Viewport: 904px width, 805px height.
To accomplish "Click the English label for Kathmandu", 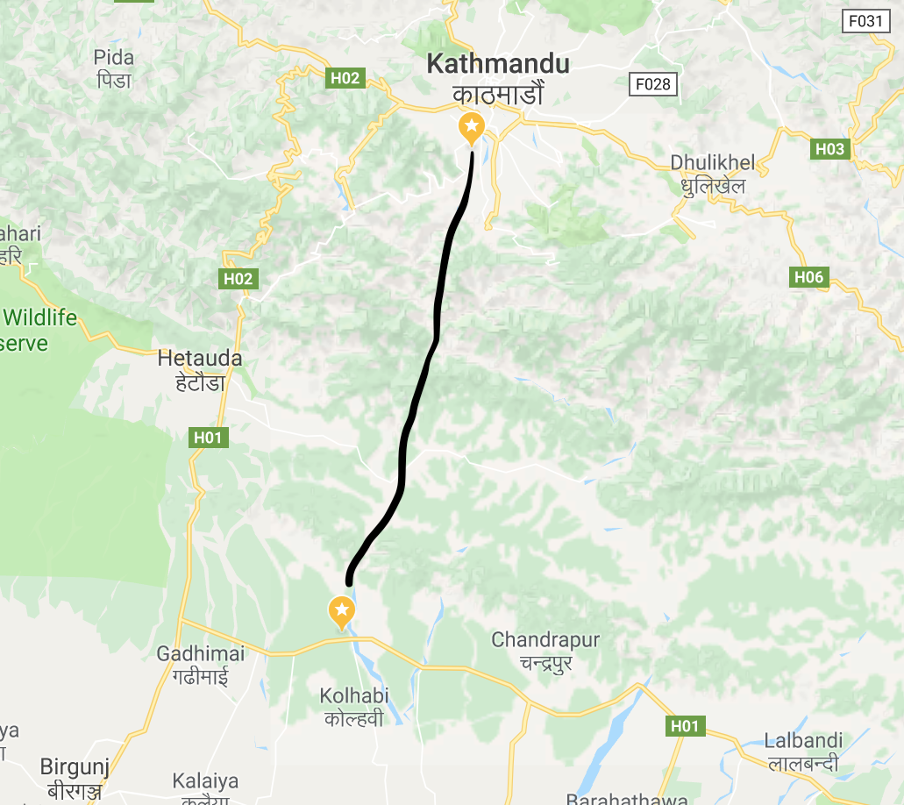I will pyautogui.click(x=497, y=64).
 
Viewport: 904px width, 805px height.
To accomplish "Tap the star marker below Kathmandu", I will pyautogui.click(x=472, y=128).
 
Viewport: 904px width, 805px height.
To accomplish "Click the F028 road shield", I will pyautogui.click(x=653, y=84).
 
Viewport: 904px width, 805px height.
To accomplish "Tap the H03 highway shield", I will pyautogui.click(x=829, y=149).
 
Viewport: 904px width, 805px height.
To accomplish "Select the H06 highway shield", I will pyautogui.click(x=808, y=278).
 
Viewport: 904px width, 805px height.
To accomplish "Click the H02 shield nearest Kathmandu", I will pyautogui.click(x=345, y=78).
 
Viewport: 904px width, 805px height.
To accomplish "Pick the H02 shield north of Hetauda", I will pyautogui.click(x=238, y=280).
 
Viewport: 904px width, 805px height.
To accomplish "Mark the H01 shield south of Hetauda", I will pyautogui.click(x=209, y=438).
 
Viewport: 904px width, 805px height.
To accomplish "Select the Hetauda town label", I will pyautogui.click(x=199, y=359).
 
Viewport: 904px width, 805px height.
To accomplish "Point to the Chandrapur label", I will pyautogui.click(x=545, y=640).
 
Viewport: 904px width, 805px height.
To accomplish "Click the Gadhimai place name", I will pyautogui.click(x=200, y=654).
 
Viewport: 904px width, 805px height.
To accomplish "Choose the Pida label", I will pyautogui.click(x=114, y=58).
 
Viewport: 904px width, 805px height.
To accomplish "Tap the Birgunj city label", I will pyautogui.click(x=75, y=767).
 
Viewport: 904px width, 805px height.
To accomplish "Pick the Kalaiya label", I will pyautogui.click(x=205, y=780).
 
